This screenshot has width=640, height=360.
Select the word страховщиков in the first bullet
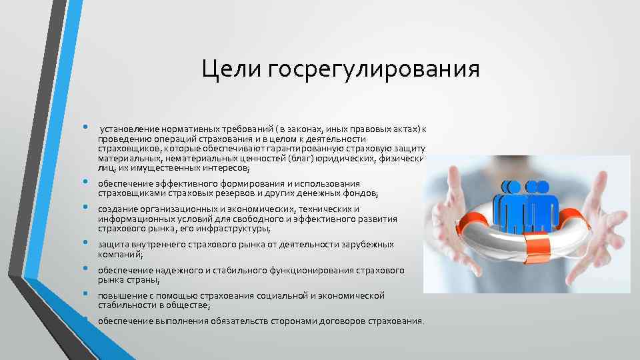coord(125,148)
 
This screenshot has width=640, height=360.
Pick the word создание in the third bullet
coord(115,209)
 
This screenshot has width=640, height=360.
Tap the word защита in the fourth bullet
coord(111,245)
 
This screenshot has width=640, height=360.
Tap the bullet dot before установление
coord(87,127)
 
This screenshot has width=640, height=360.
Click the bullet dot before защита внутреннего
coord(87,243)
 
